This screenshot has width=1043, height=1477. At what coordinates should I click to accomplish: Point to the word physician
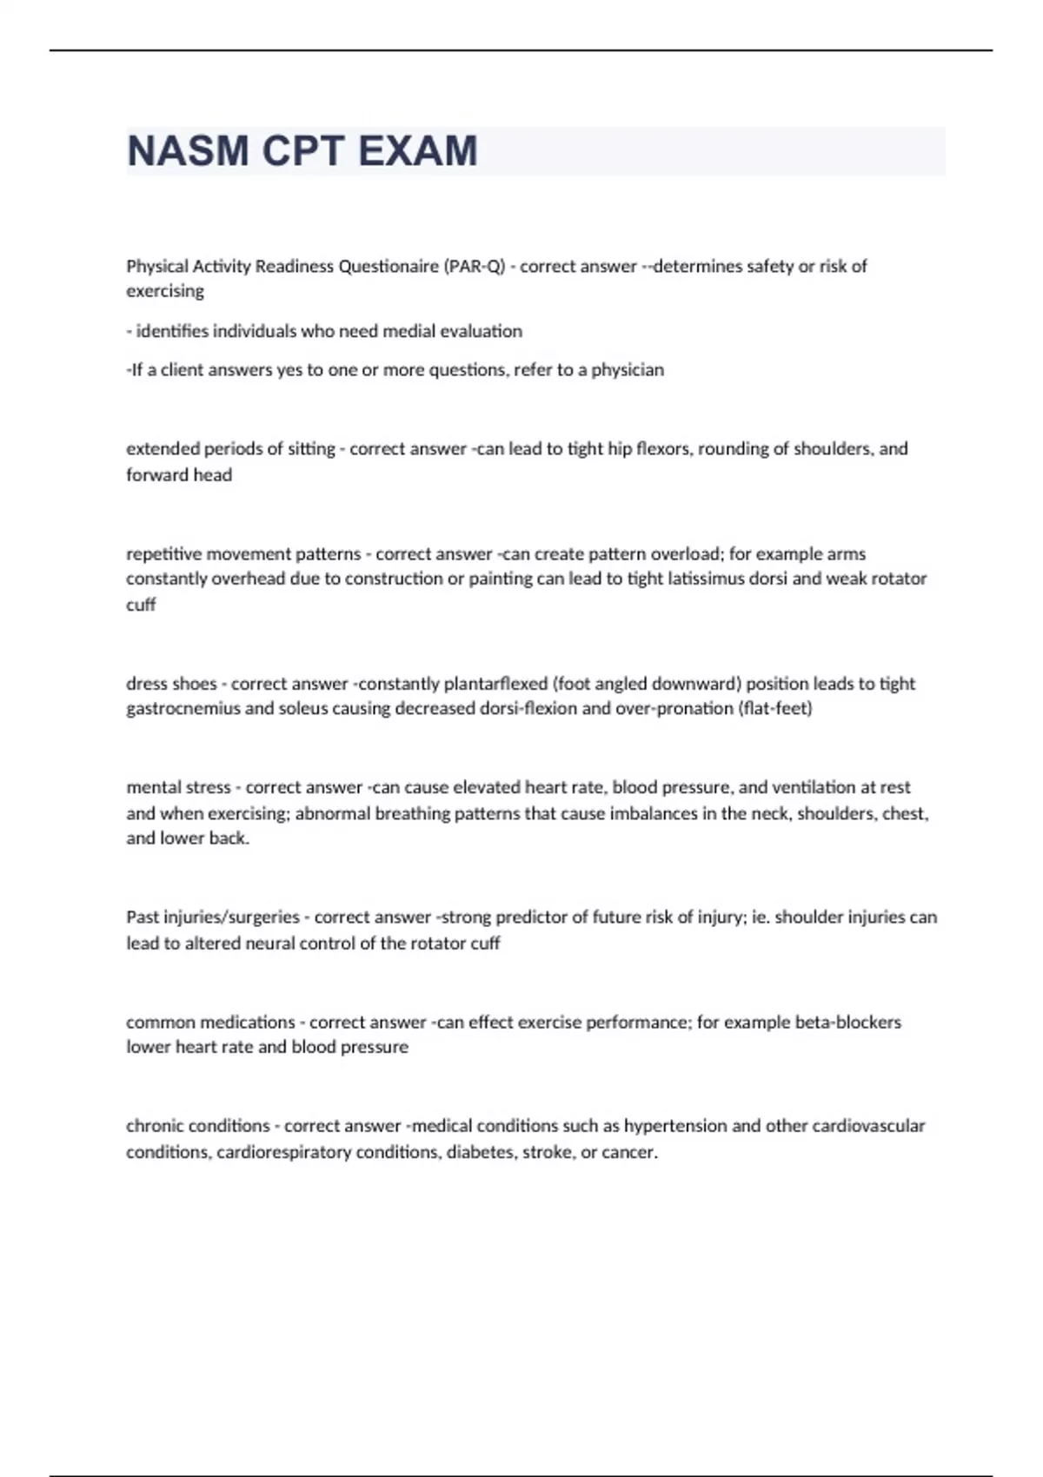(x=628, y=370)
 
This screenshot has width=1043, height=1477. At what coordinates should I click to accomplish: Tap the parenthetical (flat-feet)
(x=774, y=709)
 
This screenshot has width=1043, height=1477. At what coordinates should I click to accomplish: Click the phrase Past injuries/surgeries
(x=213, y=917)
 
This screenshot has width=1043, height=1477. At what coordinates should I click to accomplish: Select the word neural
(x=261, y=944)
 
